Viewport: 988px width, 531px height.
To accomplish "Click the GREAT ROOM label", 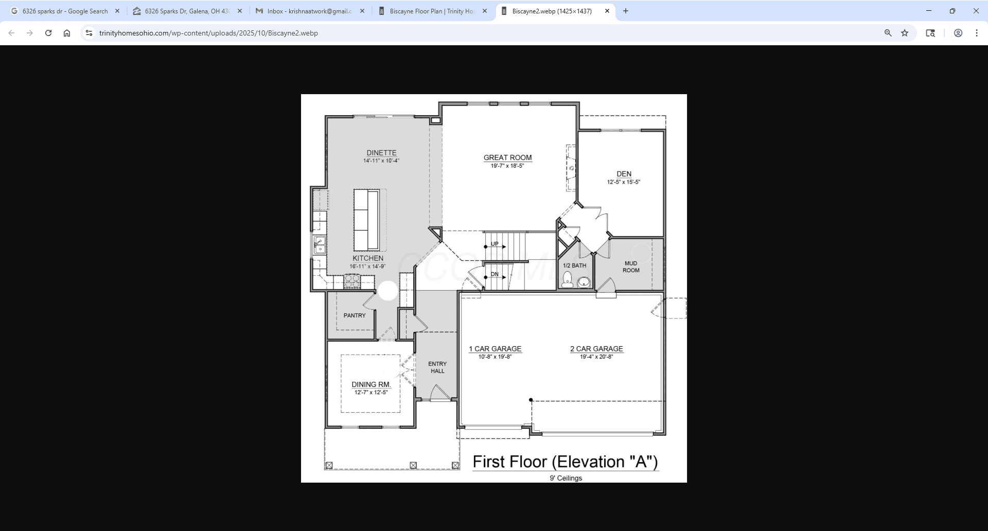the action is [x=507, y=158].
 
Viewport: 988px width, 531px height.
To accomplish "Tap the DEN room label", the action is [x=624, y=174].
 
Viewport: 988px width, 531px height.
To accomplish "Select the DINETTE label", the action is [x=381, y=153].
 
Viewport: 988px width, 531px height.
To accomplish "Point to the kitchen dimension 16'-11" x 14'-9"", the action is [x=367, y=267].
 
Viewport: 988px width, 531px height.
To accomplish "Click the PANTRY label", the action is [x=355, y=315].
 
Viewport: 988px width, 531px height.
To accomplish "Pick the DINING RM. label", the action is [x=371, y=384].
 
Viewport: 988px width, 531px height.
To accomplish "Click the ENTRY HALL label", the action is [x=437, y=367].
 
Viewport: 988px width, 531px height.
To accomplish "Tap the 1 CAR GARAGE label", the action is [x=495, y=349].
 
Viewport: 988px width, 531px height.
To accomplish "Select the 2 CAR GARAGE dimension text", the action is [x=596, y=357].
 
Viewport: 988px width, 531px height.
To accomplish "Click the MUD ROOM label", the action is [x=631, y=267].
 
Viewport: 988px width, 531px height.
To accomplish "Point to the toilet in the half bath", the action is [x=568, y=279].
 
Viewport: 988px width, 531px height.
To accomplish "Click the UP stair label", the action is [x=495, y=244].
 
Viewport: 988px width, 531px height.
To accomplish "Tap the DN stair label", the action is [x=495, y=274].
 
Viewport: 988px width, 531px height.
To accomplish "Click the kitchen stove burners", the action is [x=352, y=281].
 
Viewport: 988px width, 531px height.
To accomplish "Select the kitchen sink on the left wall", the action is [x=320, y=245].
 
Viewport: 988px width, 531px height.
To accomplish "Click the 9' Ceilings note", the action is [x=566, y=478].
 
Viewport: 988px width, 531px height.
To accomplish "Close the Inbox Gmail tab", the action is [x=362, y=11].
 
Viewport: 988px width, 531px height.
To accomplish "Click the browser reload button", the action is [x=48, y=33].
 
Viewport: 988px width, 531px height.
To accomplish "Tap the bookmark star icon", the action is [x=905, y=33].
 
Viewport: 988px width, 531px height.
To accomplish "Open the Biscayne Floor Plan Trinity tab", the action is [x=432, y=11].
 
